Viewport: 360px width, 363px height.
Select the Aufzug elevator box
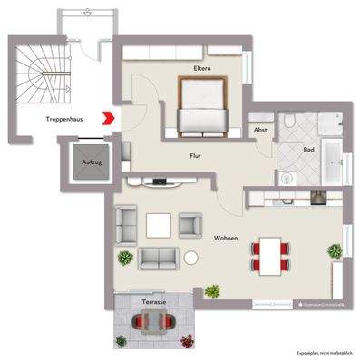coord(86,163)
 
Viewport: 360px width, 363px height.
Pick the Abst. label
coord(261,129)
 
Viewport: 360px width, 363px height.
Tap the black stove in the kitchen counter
coord(318,197)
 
